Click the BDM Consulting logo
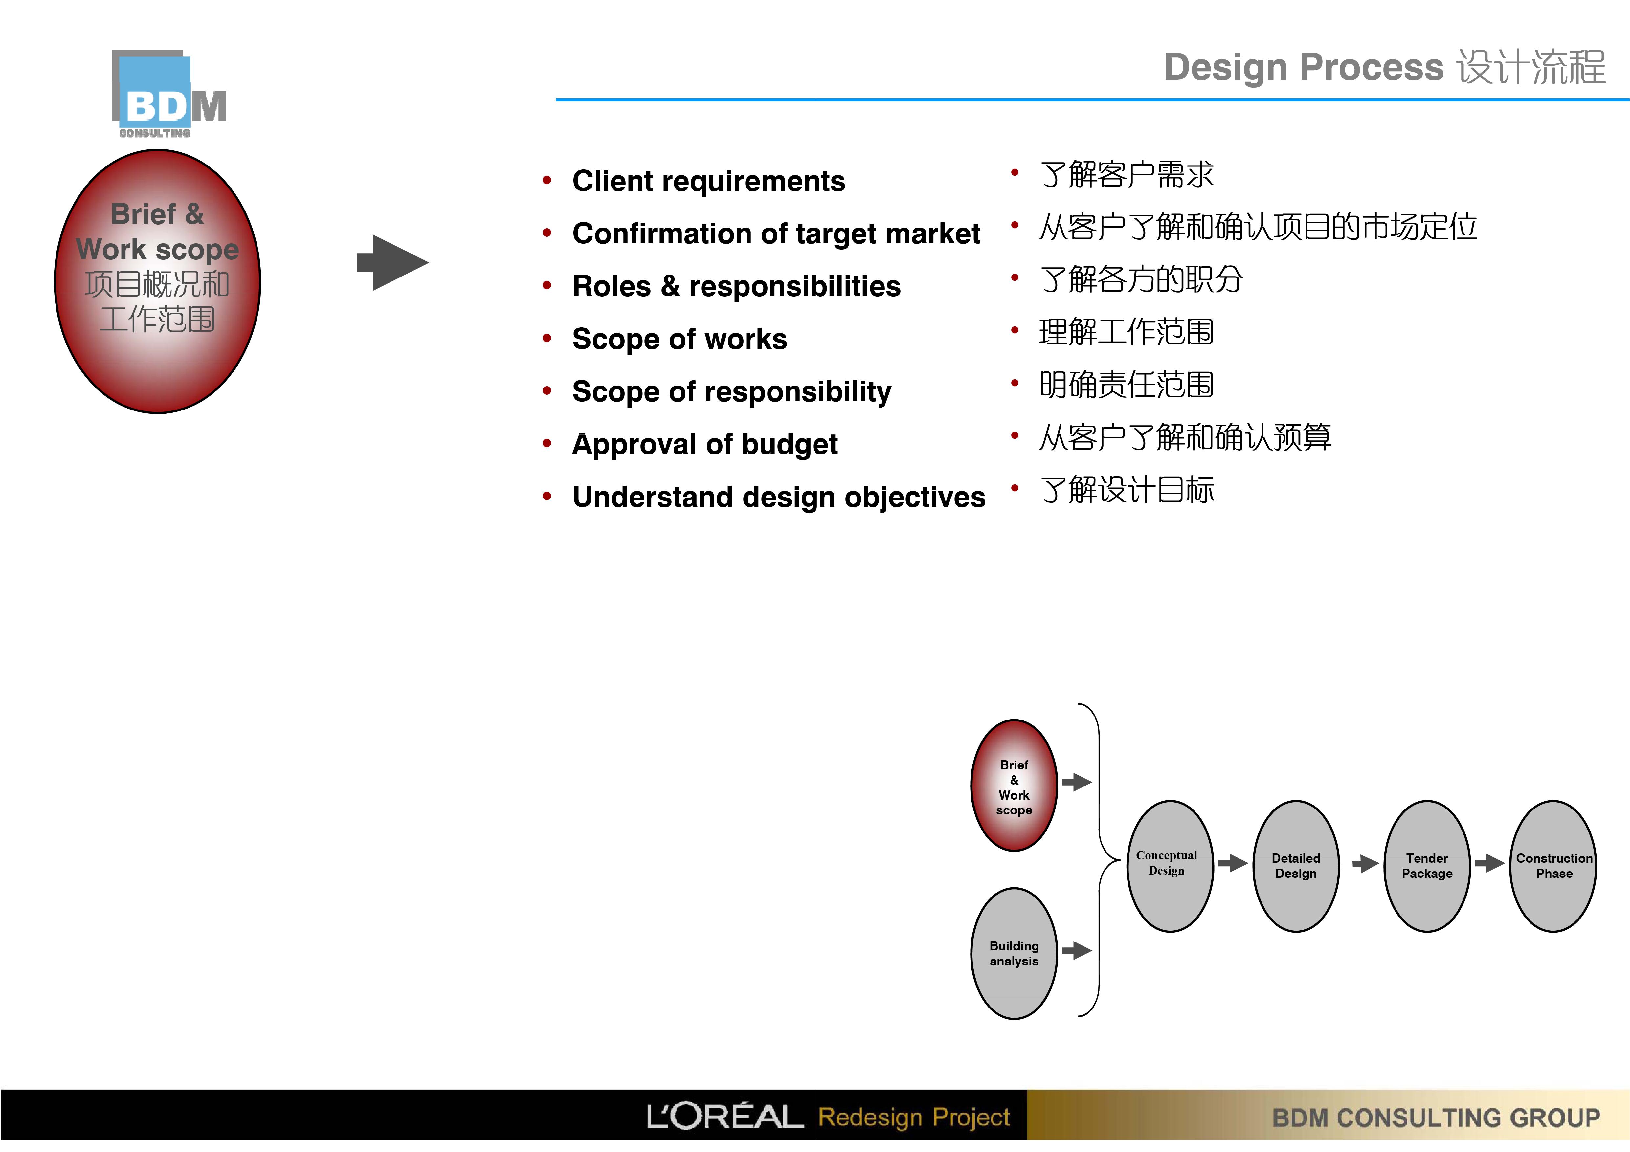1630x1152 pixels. click(x=169, y=94)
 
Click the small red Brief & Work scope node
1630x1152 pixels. click(x=1014, y=786)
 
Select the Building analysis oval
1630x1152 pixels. click(x=1014, y=953)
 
